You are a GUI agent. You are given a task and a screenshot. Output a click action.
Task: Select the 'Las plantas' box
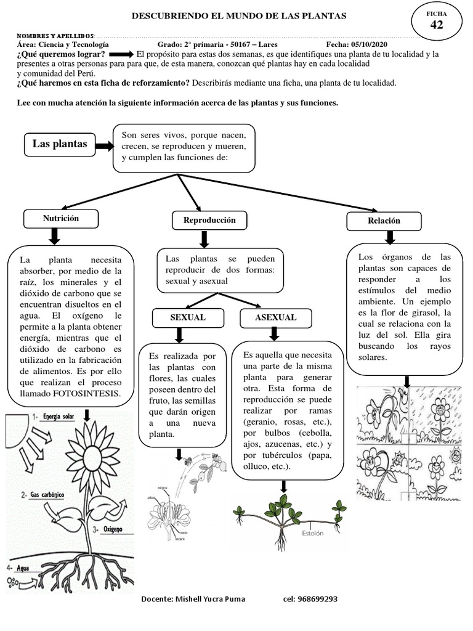click(60, 145)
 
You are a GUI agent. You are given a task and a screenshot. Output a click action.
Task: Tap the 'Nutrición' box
click(60, 218)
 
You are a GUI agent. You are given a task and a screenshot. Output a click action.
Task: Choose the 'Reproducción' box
click(209, 220)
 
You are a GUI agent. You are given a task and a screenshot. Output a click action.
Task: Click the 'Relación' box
click(384, 221)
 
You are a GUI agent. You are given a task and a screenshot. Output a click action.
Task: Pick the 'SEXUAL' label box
click(187, 317)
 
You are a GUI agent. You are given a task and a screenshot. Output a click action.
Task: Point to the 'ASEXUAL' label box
click(275, 317)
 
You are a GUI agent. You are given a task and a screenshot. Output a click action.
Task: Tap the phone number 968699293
click(310, 599)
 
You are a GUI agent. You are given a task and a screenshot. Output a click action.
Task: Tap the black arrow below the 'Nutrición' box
click(54, 236)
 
